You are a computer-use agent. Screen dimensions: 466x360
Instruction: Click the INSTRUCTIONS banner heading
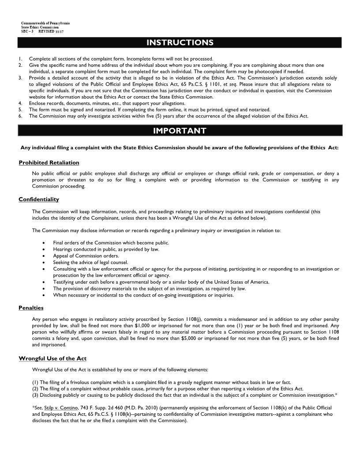point(180,43)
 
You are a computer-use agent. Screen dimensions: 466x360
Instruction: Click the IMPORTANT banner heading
point(180,131)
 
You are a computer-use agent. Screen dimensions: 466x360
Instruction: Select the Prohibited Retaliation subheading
point(49,163)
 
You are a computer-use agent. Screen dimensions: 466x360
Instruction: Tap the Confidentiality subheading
point(39,199)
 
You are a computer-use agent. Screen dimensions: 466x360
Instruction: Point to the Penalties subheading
point(31,308)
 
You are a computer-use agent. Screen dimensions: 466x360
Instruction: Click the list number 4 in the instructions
point(20,103)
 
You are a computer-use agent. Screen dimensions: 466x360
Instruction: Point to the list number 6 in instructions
point(20,116)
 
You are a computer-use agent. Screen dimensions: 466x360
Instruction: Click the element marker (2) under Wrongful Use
point(35,388)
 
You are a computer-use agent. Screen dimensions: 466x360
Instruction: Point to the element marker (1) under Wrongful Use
point(35,382)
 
